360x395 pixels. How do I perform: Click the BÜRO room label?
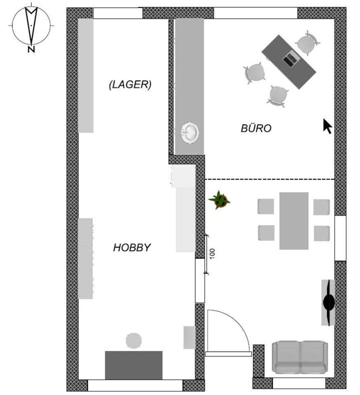[x=256, y=128]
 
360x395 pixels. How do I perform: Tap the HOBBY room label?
[x=132, y=248]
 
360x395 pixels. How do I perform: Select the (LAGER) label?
[x=130, y=85]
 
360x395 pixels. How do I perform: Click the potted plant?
[x=220, y=200]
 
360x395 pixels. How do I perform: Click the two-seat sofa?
[x=300, y=357]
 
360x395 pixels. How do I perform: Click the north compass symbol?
[x=31, y=25]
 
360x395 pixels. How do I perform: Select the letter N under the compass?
[x=31, y=50]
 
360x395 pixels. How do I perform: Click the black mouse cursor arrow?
[x=327, y=126]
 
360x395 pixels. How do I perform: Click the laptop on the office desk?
[x=290, y=60]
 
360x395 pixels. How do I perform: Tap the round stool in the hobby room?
[x=133, y=341]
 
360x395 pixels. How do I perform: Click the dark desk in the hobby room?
[x=133, y=365]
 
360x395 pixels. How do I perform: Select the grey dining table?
[x=294, y=221]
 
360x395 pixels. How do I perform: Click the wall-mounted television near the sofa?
[x=328, y=302]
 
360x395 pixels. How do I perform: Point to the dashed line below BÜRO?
[x=270, y=179]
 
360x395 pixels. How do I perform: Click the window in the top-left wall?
[x=118, y=13]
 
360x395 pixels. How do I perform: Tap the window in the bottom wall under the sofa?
[x=299, y=383]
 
